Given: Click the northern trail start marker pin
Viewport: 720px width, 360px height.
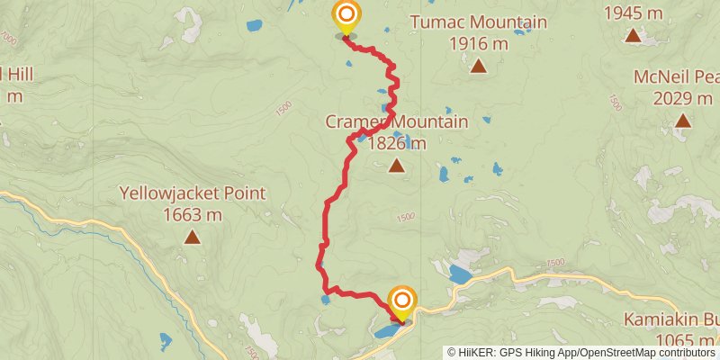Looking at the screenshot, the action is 346,16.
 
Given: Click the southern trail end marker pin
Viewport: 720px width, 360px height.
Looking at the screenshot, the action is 402,301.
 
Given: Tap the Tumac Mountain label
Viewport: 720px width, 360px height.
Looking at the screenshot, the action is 478,22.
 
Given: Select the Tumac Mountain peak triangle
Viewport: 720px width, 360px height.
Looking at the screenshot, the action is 479,65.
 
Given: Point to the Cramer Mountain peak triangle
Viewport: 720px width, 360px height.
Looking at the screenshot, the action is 396,165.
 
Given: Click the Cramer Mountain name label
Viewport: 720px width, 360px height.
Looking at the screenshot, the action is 397,121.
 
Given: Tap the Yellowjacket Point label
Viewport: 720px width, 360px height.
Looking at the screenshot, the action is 192,193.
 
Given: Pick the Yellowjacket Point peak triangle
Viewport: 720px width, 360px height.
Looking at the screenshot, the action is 192,237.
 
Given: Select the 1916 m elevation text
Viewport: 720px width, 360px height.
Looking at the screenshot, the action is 478,43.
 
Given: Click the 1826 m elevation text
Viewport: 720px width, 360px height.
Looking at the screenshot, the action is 396,142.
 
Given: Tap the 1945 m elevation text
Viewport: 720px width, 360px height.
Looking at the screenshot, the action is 634,13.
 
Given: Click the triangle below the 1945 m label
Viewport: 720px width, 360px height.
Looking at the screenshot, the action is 634,35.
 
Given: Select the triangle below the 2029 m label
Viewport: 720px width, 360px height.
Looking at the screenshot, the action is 682,120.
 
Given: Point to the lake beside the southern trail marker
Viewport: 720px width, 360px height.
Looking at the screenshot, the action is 390,332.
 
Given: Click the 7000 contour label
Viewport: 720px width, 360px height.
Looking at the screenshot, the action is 9,40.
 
